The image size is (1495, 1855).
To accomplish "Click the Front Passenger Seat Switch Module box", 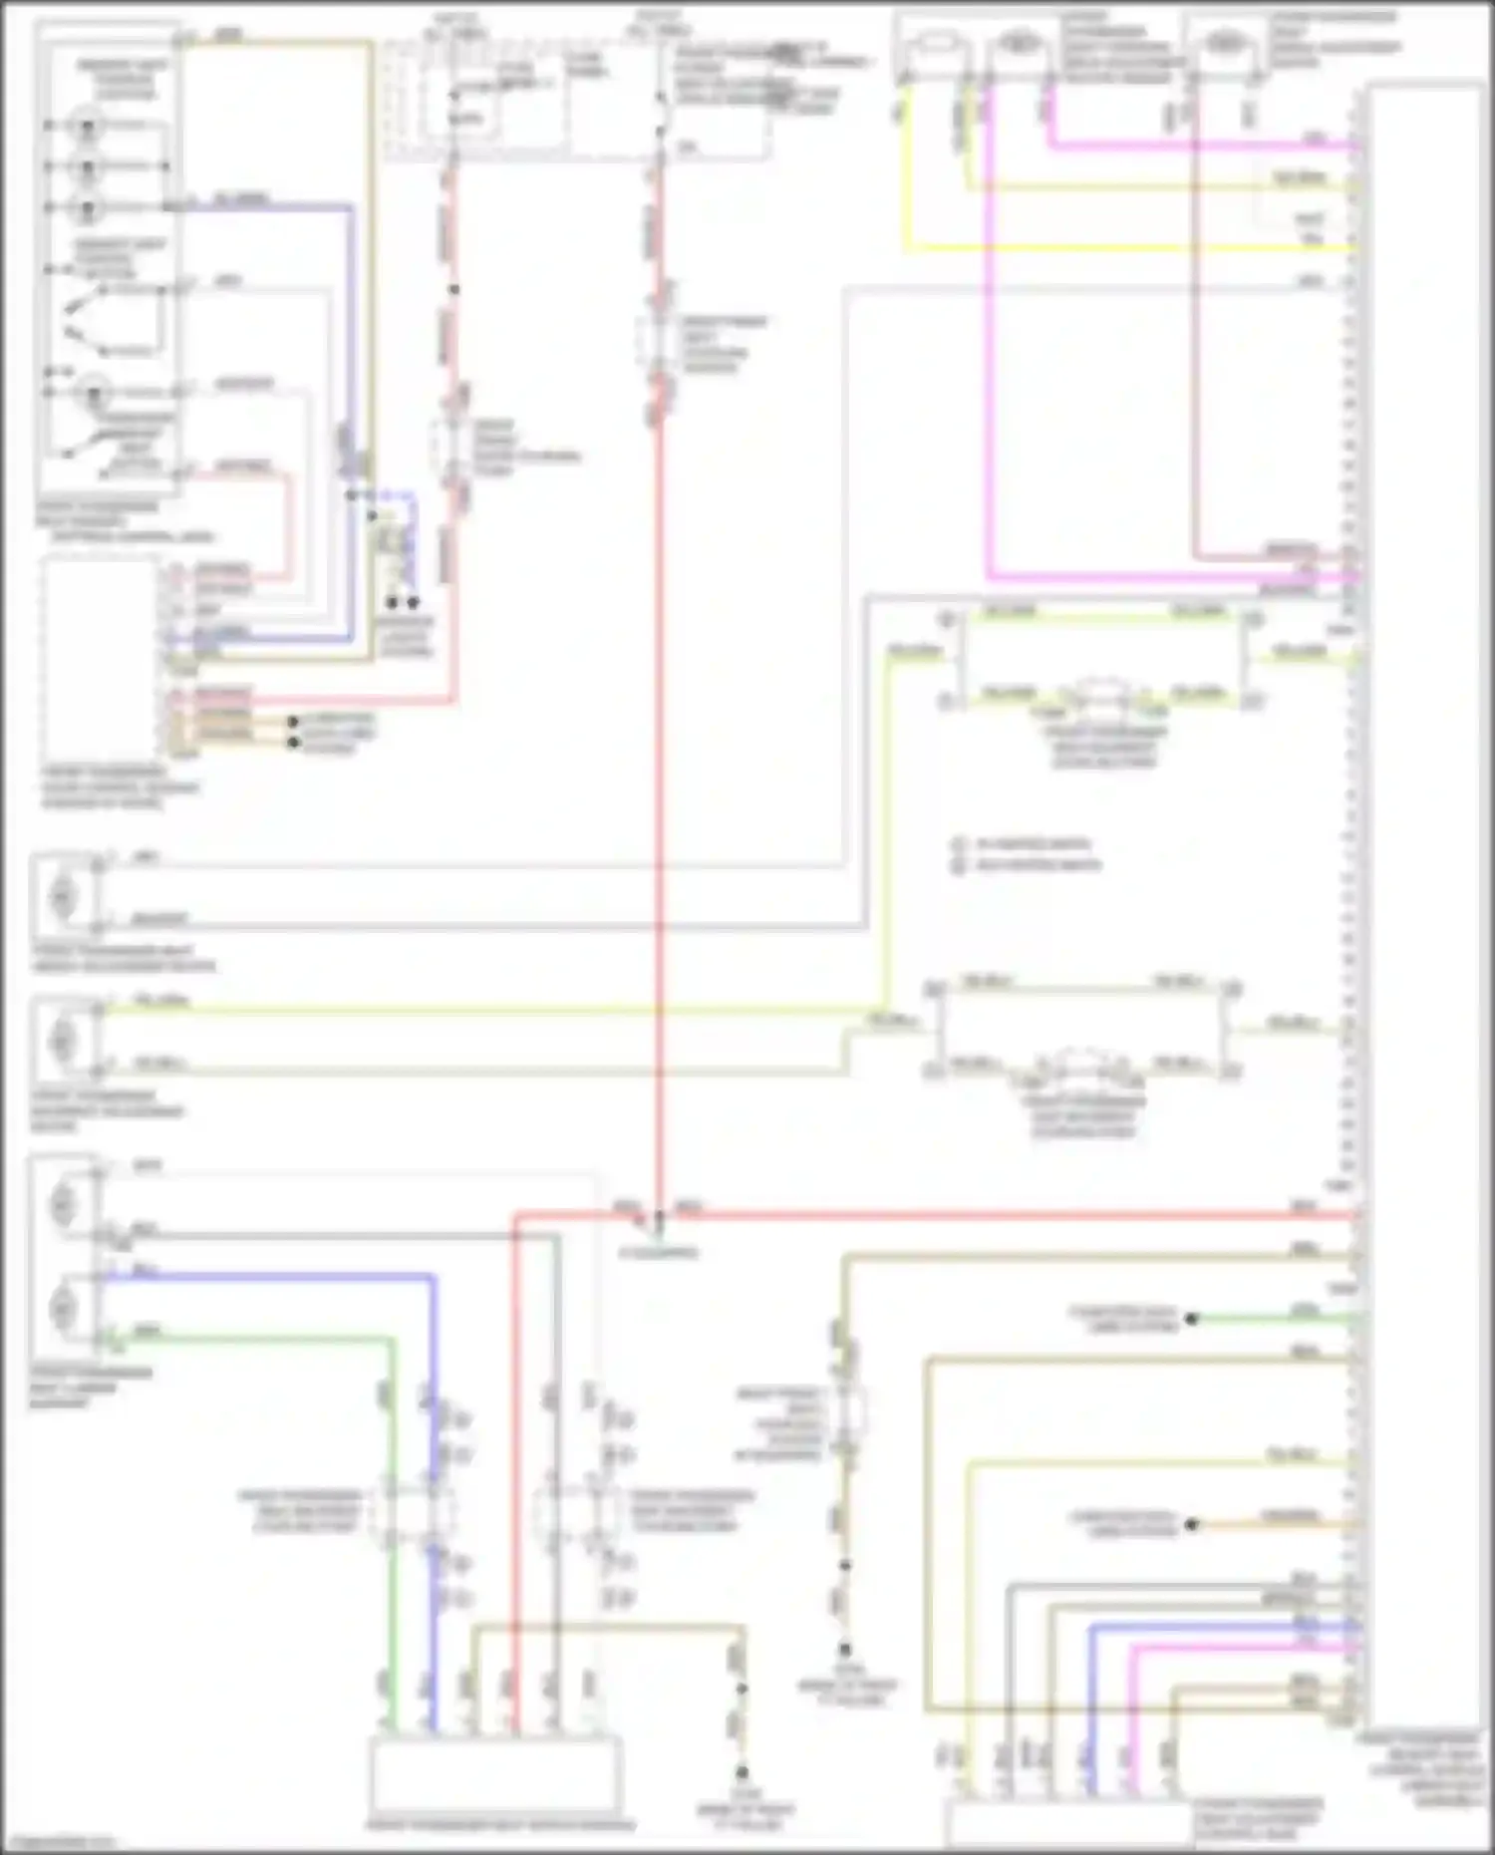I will (495, 1776).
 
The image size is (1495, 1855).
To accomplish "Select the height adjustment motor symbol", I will (63, 894).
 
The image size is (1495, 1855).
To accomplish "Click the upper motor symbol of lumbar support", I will (63, 1203).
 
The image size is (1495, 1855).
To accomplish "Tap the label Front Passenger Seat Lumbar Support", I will (90, 1388).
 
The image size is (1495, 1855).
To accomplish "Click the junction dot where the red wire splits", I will (658, 1215).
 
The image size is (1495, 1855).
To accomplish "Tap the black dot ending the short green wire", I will (1191, 1319).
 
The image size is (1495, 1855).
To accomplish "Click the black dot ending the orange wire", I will (1191, 1524).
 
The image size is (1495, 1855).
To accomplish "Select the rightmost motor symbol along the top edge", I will (1224, 45).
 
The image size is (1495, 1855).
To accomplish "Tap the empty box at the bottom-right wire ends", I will (1066, 1823).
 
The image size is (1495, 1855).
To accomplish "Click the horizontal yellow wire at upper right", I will (1126, 247).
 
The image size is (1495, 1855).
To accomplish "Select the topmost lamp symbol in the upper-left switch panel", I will (88, 127).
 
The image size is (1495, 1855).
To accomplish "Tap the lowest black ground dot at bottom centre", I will (743, 1773).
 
